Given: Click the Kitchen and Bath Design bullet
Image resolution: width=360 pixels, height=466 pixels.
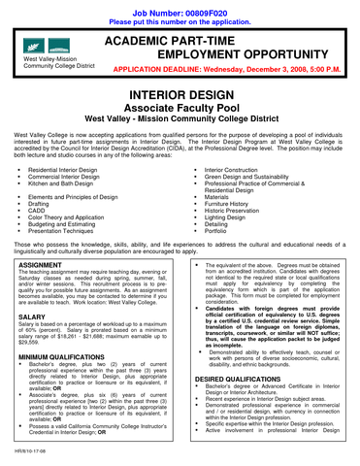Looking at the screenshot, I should click(67, 183).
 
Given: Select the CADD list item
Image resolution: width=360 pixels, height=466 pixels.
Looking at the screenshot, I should click(45, 207).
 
